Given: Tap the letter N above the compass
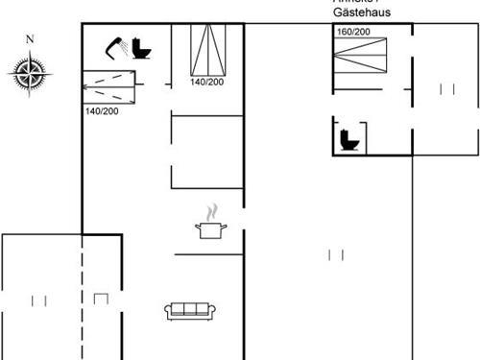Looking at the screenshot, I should (30, 39).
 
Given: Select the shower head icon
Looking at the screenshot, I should (118, 49).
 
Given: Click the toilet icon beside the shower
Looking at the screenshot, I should (142, 49).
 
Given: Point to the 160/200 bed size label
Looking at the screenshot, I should (353, 33).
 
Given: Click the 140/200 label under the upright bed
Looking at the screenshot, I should (207, 83).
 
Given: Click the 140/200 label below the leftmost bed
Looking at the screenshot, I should (102, 112).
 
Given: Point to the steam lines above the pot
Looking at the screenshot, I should (214, 210).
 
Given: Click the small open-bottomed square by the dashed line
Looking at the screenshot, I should (101, 300).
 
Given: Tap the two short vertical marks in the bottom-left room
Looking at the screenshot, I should (39, 300).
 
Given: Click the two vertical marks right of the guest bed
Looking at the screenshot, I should (446, 89).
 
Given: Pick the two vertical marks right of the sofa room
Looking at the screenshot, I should (336, 254).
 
